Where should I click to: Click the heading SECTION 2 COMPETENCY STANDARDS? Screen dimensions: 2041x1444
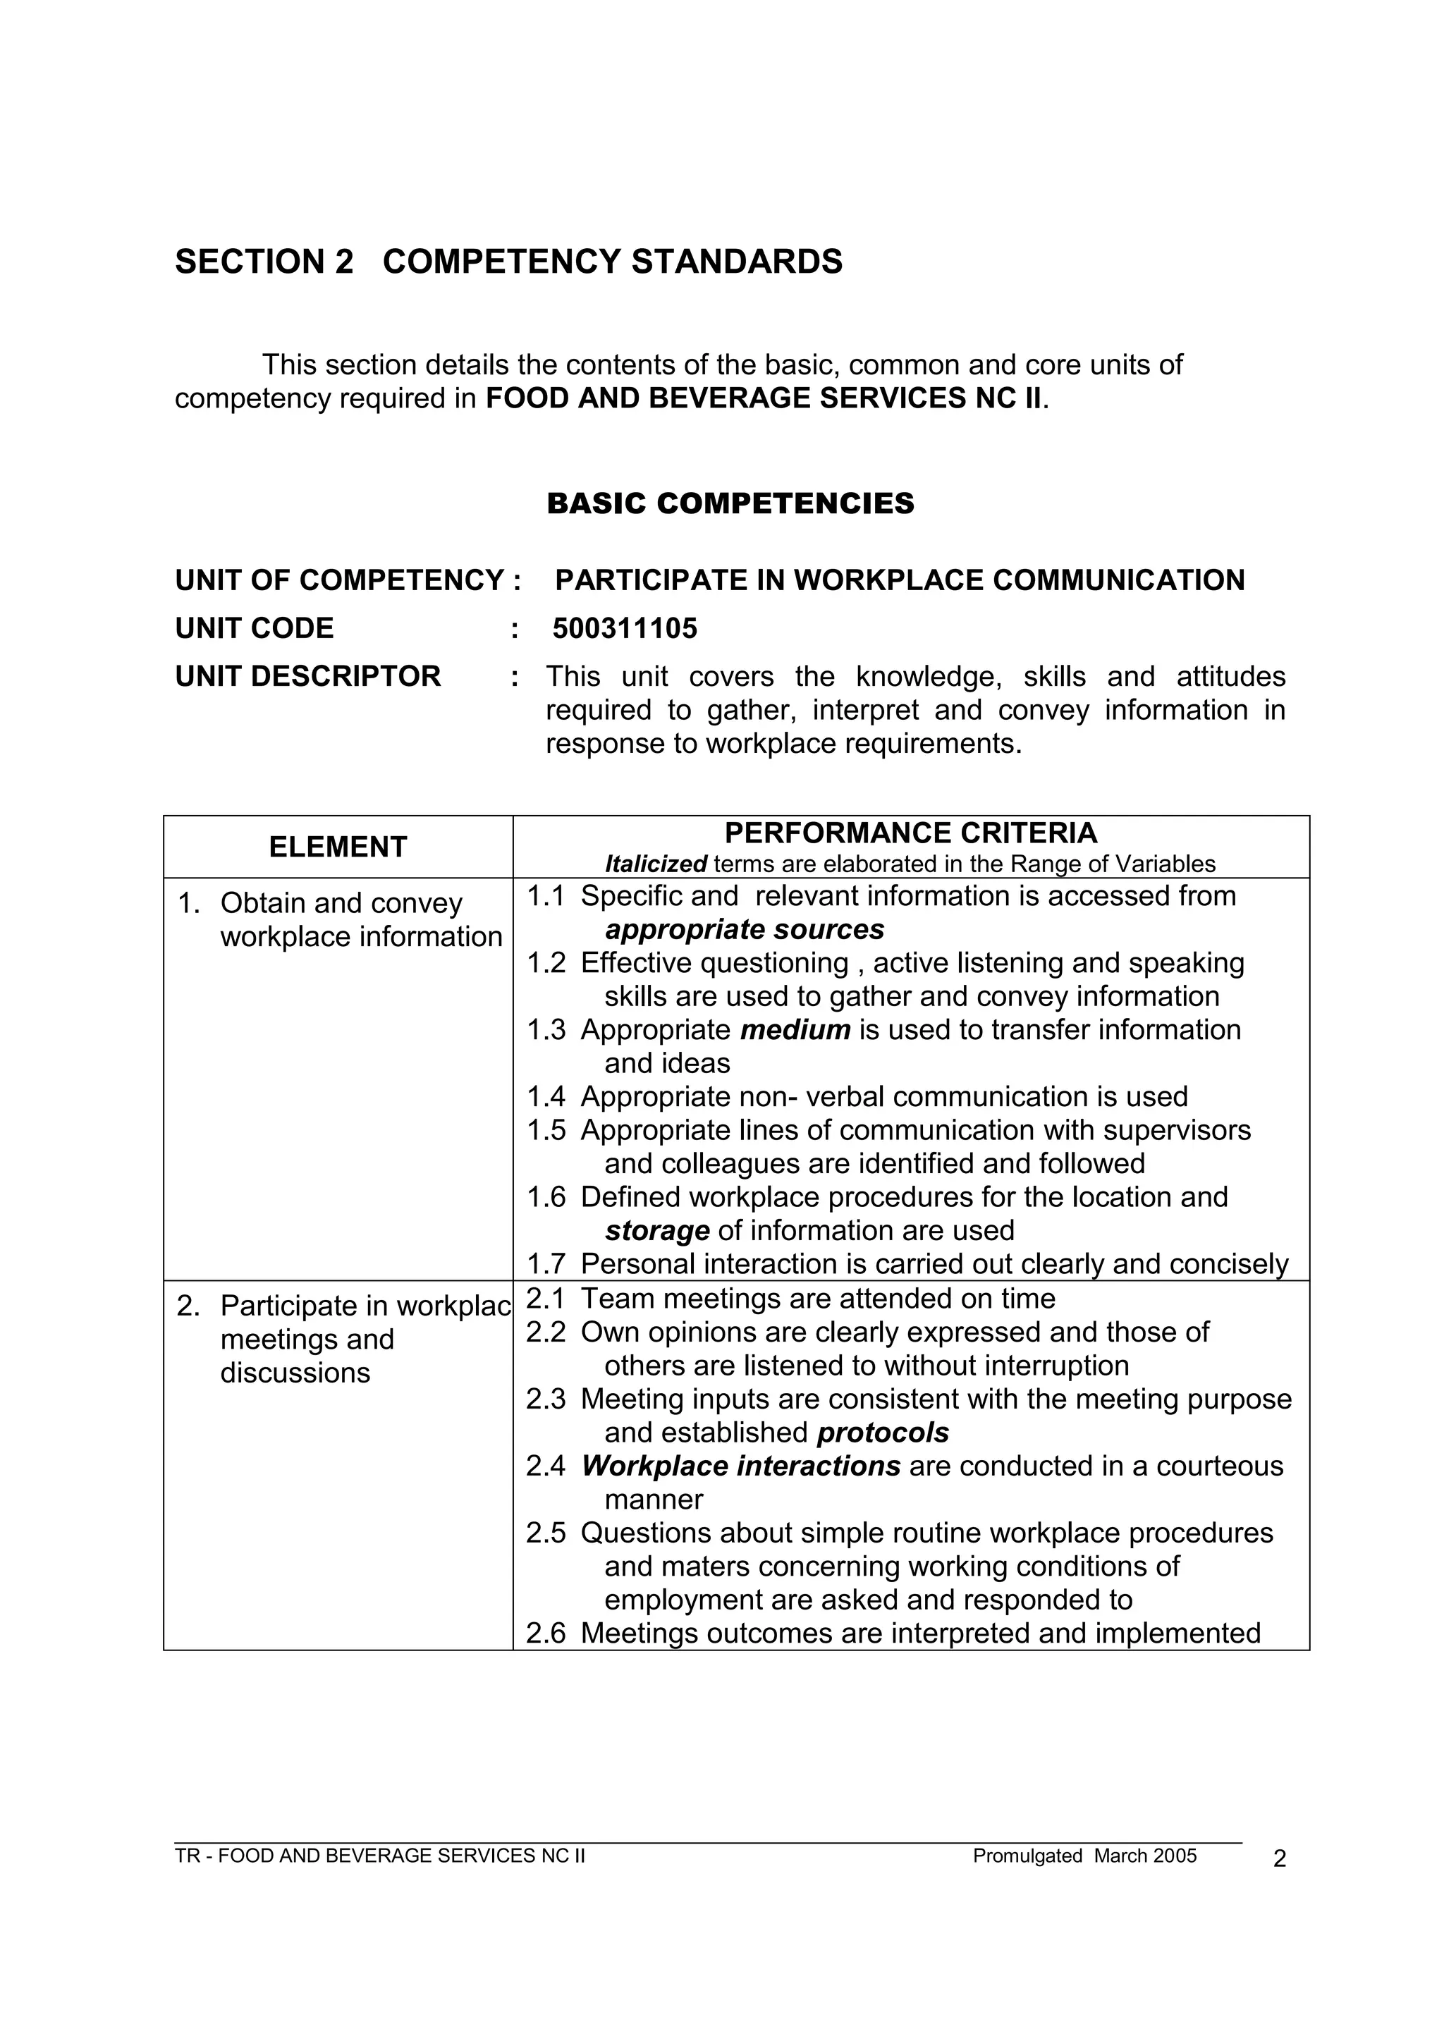coord(508,262)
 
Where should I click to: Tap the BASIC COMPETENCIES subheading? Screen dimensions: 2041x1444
coord(730,503)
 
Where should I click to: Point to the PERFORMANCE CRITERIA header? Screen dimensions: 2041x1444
coord(910,833)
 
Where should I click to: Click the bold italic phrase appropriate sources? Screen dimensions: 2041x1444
coord(745,929)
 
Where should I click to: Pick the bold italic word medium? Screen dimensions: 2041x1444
coord(795,1029)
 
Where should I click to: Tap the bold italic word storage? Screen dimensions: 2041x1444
coord(656,1230)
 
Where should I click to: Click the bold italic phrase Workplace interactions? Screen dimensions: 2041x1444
coord(740,1466)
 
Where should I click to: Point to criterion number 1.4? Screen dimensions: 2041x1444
coord(545,1096)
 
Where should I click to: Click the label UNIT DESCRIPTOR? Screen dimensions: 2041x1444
coord(307,677)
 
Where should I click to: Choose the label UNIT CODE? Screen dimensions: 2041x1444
coord(255,628)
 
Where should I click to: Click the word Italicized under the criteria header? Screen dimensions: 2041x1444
coord(655,864)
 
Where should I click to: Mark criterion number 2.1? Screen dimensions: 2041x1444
coord(545,1299)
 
